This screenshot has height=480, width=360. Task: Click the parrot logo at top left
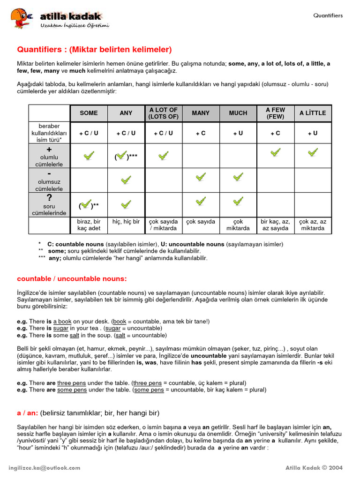[22, 18]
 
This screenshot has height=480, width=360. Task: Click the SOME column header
[89, 113]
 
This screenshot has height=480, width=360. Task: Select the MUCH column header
[238, 113]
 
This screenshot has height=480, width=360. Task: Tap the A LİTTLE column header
[313, 113]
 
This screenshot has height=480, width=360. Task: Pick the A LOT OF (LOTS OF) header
[163, 113]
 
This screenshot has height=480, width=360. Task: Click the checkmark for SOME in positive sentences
[89, 155]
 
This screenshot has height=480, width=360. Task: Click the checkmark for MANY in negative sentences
[201, 177]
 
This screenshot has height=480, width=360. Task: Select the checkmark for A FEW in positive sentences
[276, 152]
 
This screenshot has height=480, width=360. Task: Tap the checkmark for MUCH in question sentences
[238, 202]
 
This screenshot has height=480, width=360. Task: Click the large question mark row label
[49, 198]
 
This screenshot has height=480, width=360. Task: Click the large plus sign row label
[49, 149]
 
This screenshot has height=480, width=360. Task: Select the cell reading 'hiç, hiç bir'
[126, 222]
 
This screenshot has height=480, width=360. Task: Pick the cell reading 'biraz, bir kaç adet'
[89, 225]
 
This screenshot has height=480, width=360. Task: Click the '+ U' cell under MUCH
[238, 133]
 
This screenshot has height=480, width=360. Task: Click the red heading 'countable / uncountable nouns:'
[72, 279]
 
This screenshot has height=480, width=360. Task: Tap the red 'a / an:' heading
[27, 413]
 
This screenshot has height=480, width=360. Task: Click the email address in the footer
[45, 468]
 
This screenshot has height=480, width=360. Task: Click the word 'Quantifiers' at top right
[328, 15]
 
